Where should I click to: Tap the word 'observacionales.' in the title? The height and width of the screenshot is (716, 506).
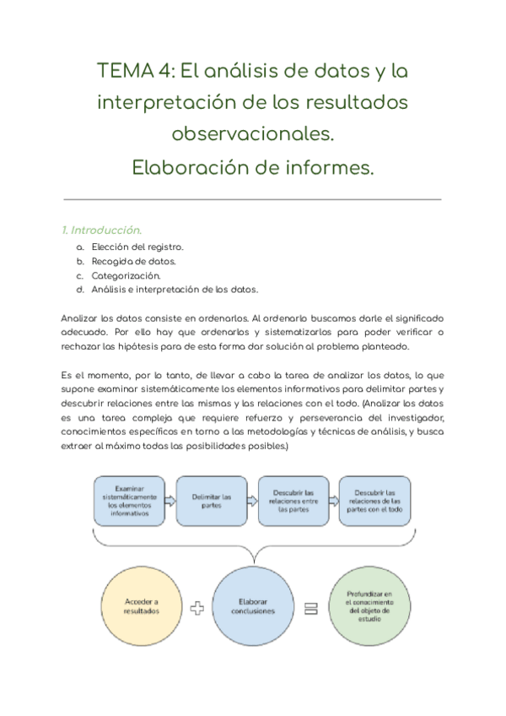(x=253, y=134)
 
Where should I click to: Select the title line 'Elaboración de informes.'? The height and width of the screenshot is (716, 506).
(x=253, y=167)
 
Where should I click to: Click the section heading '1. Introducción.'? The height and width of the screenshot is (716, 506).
(x=101, y=230)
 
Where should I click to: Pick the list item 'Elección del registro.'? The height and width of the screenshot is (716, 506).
(x=137, y=247)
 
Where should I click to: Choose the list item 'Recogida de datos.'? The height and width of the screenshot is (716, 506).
(x=133, y=261)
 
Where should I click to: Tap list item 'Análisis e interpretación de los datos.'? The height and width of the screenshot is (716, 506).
(x=175, y=290)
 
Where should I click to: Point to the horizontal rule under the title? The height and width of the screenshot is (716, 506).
(x=253, y=199)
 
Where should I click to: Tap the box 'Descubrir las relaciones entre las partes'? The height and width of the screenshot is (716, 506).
(x=293, y=501)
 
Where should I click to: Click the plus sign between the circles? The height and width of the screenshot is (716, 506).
(x=197, y=609)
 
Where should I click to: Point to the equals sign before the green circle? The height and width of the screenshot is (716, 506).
(x=310, y=609)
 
